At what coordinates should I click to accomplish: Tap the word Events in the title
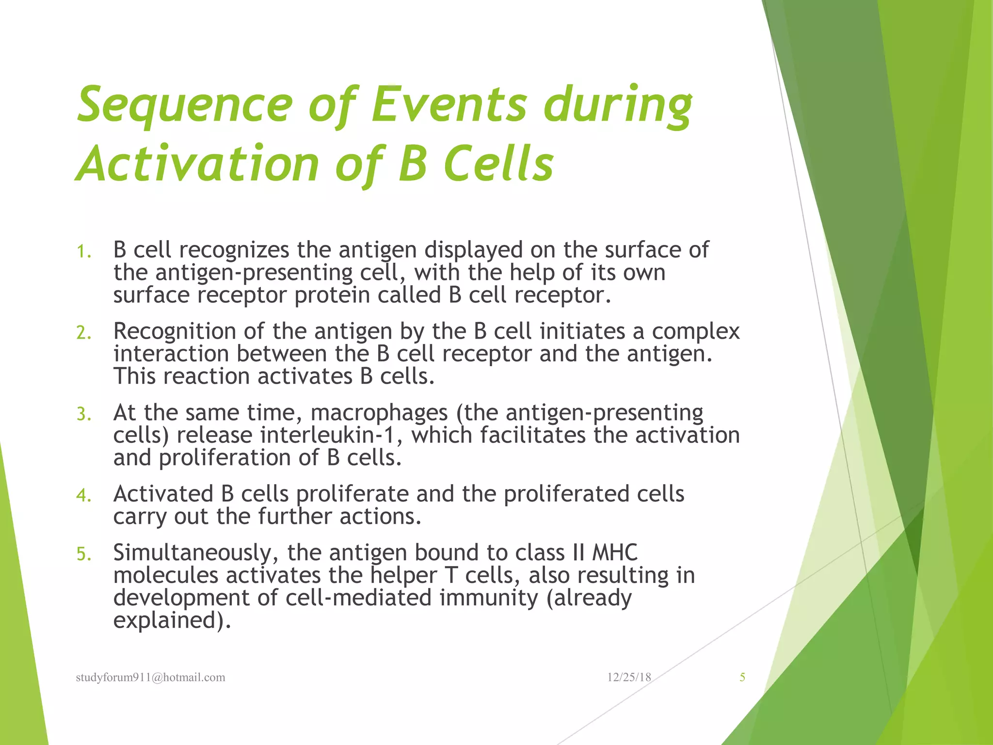[448, 104]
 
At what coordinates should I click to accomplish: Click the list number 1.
[83, 252]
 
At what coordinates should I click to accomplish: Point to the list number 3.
[83, 414]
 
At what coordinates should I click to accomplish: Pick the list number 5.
[83, 554]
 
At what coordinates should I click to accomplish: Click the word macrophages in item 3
[379, 413]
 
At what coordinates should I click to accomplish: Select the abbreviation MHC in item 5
[615, 553]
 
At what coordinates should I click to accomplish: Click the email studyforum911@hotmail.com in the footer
[150, 678]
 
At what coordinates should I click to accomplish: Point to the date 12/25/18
[628, 678]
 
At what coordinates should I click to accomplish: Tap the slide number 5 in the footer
[742, 678]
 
